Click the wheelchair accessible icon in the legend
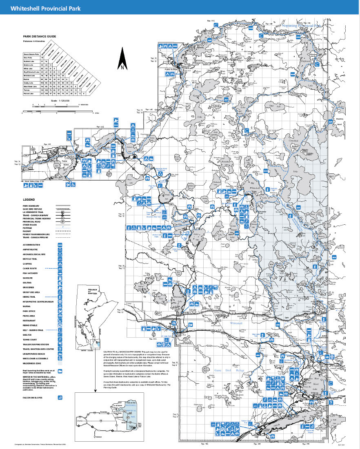[x=60, y=358]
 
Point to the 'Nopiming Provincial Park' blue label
[x=301, y=25]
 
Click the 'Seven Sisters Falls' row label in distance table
[x=31, y=54]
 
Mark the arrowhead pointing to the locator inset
[x=94, y=391]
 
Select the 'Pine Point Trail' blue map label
[x=152, y=186]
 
